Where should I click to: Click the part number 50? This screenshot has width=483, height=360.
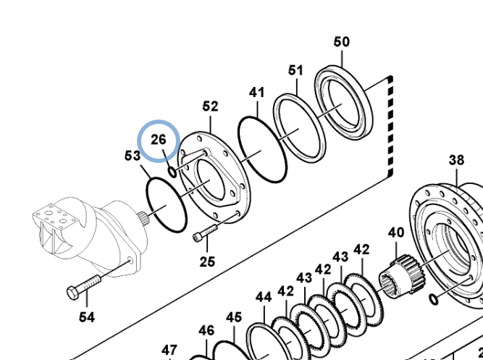pyautogui.click(x=341, y=42)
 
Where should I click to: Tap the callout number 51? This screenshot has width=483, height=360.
pyautogui.click(x=295, y=70)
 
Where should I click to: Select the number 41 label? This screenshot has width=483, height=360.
pyautogui.click(x=257, y=93)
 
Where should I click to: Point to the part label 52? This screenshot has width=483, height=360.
pyautogui.click(x=210, y=106)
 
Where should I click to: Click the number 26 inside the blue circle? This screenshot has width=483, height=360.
pyautogui.click(x=159, y=138)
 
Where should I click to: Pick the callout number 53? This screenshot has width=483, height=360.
pyautogui.click(x=132, y=156)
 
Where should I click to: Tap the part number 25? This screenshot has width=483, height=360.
pyautogui.click(x=208, y=261)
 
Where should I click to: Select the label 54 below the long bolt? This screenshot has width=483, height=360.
pyautogui.click(x=86, y=317)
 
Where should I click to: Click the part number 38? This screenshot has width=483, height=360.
pyautogui.click(x=456, y=160)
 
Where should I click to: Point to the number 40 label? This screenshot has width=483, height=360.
pyautogui.click(x=396, y=233)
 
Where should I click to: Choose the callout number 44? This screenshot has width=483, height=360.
pyautogui.click(x=263, y=297)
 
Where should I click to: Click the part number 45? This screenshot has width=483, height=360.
pyautogui.click(x=233, y=317)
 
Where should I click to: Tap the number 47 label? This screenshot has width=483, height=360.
pyautogui.click(x=169, y=350)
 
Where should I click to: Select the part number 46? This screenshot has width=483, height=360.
pyautogui.click(x=206, y=331)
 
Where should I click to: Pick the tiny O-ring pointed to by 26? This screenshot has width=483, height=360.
pyautogui.click(x=172, y=171)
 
